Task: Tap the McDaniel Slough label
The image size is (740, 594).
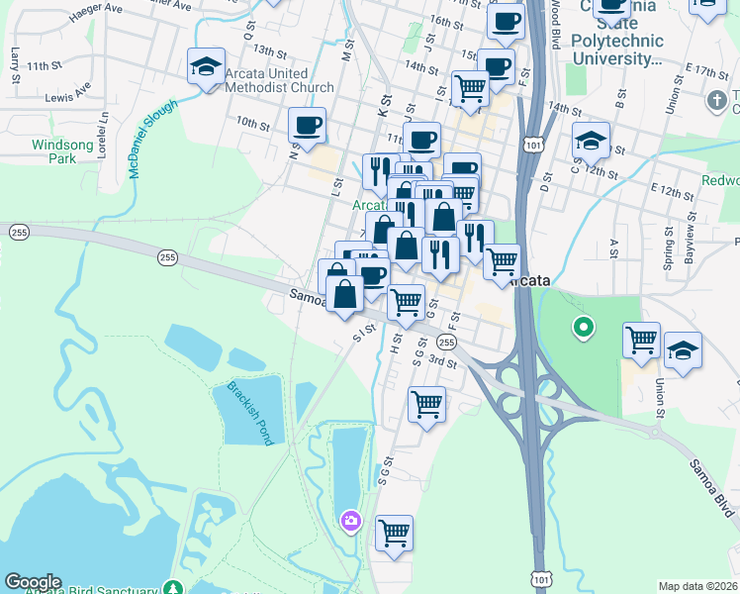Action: coord(152,138)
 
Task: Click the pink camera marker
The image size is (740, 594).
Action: coord(350,521)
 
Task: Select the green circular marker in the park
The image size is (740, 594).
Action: coord(584,326)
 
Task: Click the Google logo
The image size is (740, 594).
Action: coord(33,582)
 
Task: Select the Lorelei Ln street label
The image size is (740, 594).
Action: coord(102,135)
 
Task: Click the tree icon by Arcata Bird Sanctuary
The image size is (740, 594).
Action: coord(175,587)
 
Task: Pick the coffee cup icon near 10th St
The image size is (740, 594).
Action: coord(307,126)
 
